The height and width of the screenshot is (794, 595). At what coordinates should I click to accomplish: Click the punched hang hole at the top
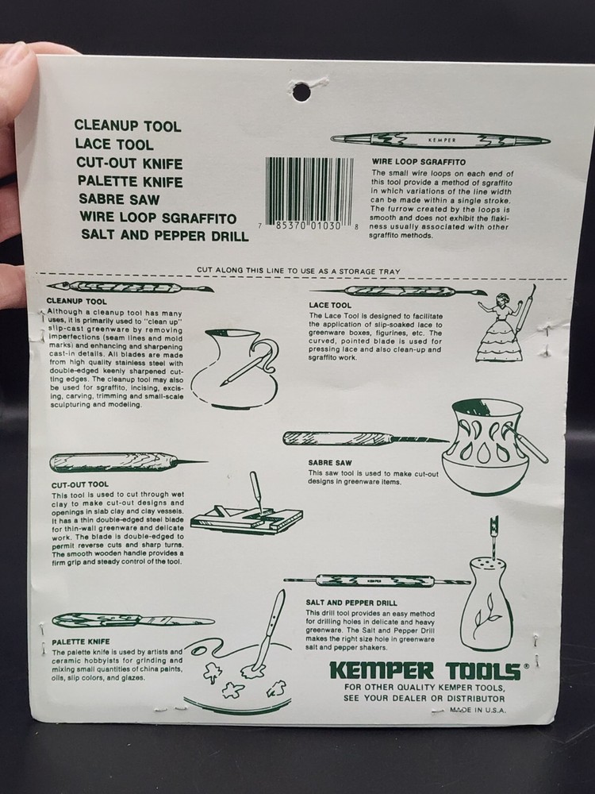tap(301, 91)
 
